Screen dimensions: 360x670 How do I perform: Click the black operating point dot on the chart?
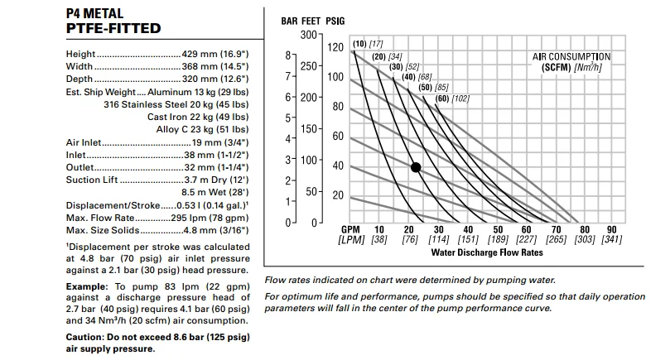tap(416, 167)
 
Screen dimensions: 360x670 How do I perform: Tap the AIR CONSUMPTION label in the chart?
tap(571, 57)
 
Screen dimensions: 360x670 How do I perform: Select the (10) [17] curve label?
tap(367, 44)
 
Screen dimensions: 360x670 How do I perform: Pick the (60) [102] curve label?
tap(452, 98)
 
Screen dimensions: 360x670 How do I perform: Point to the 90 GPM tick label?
tap(611, 229)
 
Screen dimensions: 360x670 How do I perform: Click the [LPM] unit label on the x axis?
tap(351, 240)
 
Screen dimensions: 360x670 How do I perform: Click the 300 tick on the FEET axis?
tap(308, 35)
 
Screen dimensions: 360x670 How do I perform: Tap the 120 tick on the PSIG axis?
tap(335, 47)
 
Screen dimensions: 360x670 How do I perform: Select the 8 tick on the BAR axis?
tap(287, 55)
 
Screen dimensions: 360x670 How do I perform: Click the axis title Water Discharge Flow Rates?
tap(487, 252)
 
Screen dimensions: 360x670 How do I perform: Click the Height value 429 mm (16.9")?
tap(213, 55)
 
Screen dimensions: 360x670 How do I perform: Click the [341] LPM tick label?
tap(611, 240)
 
